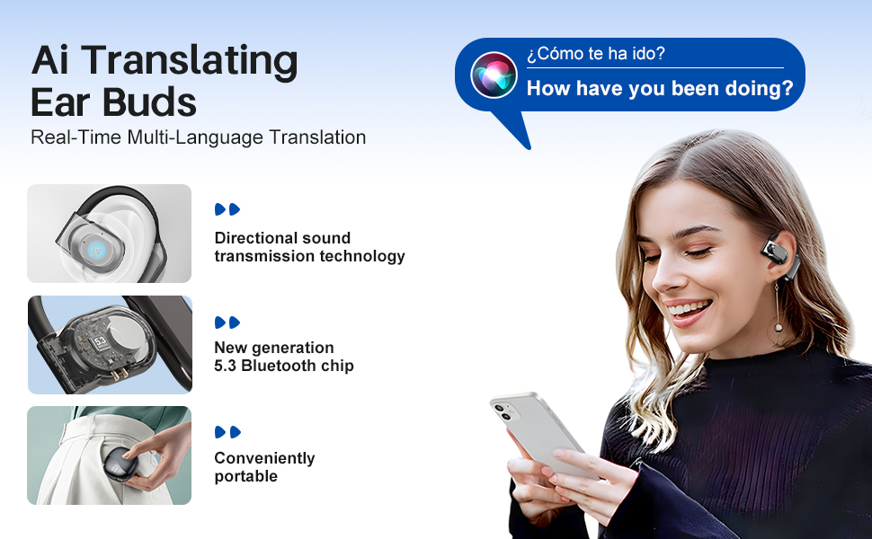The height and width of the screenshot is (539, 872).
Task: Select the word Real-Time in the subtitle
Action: (76, 137)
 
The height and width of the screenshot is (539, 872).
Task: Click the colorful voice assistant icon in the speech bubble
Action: (494, 75)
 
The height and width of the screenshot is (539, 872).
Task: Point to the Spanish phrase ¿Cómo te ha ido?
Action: (596, 53)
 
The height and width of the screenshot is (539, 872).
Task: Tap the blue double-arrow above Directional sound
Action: (227, 209)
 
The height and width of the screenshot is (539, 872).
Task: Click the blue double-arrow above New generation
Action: (227, 323)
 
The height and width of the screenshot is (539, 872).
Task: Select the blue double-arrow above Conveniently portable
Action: (227, 432)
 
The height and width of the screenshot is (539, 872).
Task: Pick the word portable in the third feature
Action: (245, 476)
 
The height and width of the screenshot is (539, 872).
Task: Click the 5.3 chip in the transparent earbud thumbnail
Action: (100, 341)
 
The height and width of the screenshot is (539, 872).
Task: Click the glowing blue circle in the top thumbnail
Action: (96, 251)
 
